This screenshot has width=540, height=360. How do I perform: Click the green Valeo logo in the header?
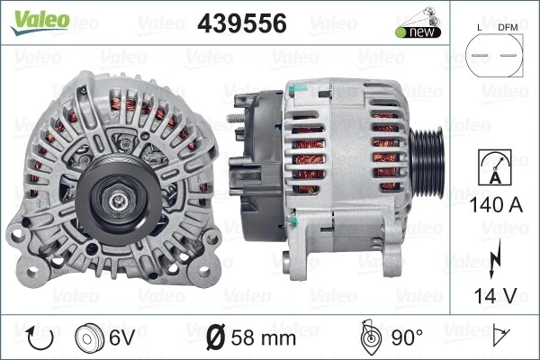pyautogui.click(x=40, y=22)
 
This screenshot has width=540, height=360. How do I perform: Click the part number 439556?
pyautogui.click(x=242, y=23)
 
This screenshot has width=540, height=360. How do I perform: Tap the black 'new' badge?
pyautogui.click(x=418, y=32)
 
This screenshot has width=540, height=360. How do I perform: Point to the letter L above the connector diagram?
pyautogui.click(x=480, y=28)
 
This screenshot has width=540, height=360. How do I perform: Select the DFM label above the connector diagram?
pyautogui.click(x=508, y=28)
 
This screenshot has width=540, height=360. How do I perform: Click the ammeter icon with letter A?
pyautogui.click(x=495, y=167)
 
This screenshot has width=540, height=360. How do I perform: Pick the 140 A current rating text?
pyautogui.click(x=496, y=204)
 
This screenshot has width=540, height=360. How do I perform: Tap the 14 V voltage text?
pyautogui.click(x=496, y=295)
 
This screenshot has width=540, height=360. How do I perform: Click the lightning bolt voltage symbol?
pyautogui.click(x=495, y=259)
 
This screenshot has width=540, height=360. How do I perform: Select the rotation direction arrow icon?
pyautogui.click(x=40, y=338)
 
